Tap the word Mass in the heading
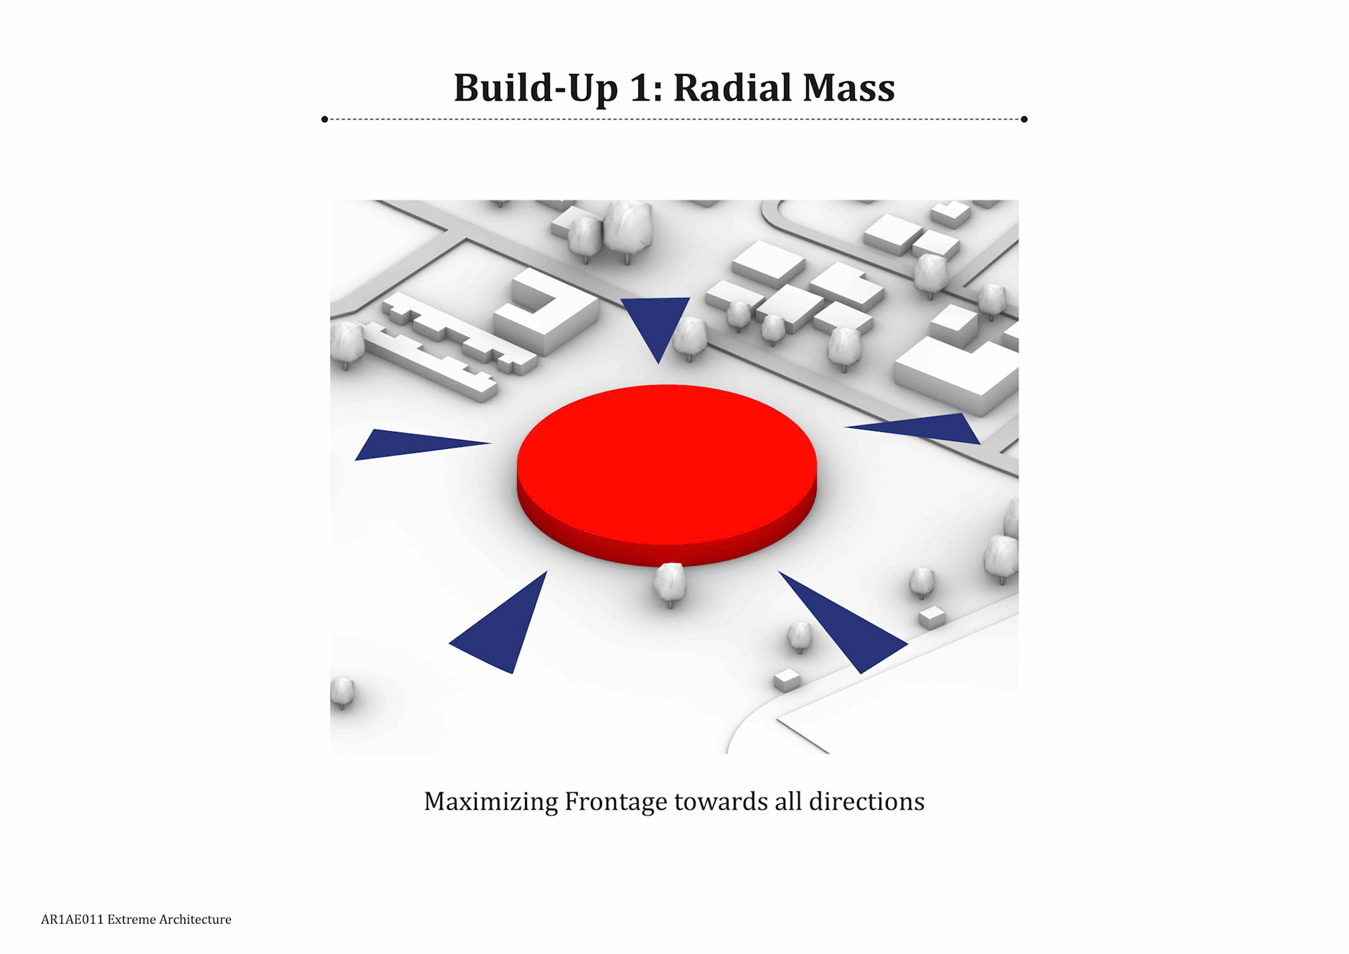pyautogui.click(x=849, y=88)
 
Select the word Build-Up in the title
pyautogui.click(x=535, y=88)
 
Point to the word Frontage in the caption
pyautogui.click(x=615, y=801)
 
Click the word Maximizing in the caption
pyautogui.click(x=490, y=801)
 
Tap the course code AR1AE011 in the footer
pyautogui.click(x=72, y=920)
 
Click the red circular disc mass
pyautogui.click(x=666, y=464)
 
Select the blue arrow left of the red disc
pyautogui.click(x=408, y=444)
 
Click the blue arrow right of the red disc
pyautogui.click(x=927, y=427)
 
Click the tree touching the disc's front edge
pyautogui.click(x=670, y=584)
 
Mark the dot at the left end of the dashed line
pyautogui.click(x=325, y=120)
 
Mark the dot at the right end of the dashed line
pyautogui.click(x=1024, y=120)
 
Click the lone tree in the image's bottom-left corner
pyautogui.click(x=342, y=692)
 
